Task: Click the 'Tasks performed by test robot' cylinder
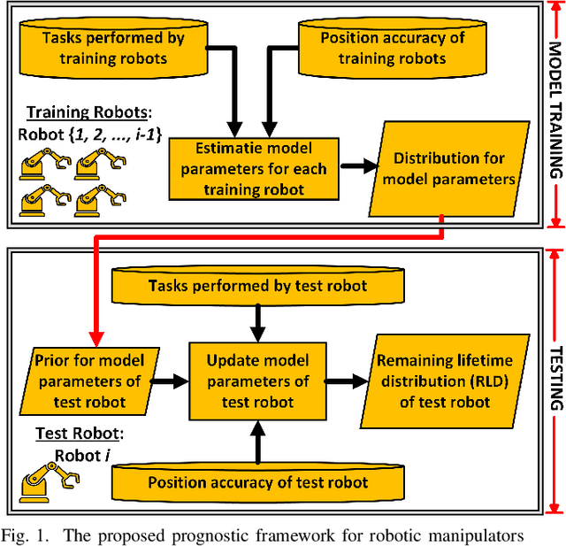point(256,286)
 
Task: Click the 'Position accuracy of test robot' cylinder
point(256,481)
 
